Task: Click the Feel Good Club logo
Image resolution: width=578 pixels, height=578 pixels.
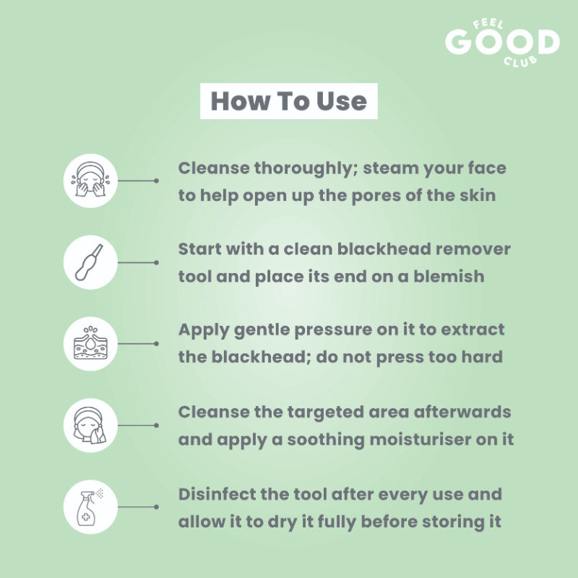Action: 502,43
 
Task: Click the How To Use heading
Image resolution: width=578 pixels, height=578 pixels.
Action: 288,101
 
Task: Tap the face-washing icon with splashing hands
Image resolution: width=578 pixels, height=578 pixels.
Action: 90,181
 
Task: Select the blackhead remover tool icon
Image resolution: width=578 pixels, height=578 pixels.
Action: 90,262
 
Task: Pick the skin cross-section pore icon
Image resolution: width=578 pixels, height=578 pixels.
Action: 90,344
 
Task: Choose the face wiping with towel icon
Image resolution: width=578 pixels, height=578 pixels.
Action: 90,425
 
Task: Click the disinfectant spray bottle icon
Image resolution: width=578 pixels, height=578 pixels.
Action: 90,507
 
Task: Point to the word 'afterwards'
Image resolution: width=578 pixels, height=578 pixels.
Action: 462,412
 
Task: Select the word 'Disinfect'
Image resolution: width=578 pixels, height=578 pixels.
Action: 217,494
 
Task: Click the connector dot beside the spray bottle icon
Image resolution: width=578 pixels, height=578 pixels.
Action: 156,507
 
